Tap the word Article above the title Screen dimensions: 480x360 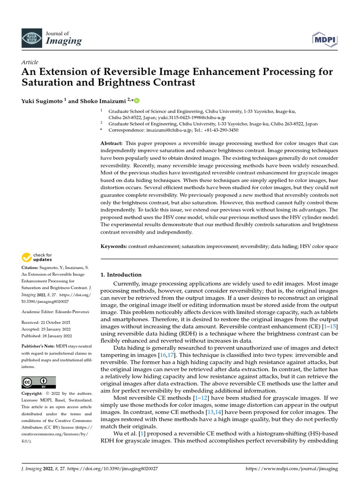click(x=30, y=62)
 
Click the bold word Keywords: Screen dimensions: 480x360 click(x=114, y=246)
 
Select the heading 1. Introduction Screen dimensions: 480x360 click(x=121, y=275)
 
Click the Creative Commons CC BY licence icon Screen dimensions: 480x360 click(x=39, y=382)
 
